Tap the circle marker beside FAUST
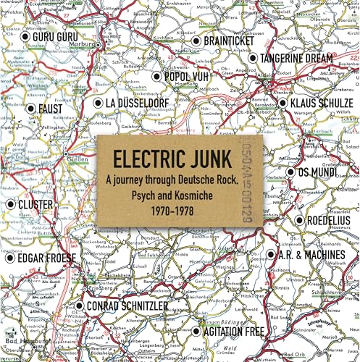point(30,109)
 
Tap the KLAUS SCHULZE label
point(322,104)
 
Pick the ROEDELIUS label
point(326,220)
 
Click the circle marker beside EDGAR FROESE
point(10,257)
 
